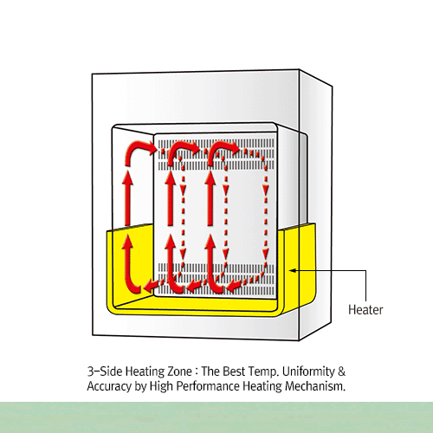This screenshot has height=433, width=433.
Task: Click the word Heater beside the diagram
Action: [x=365, y=308]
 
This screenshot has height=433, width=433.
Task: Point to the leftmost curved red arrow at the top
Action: [x=136, y=154]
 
